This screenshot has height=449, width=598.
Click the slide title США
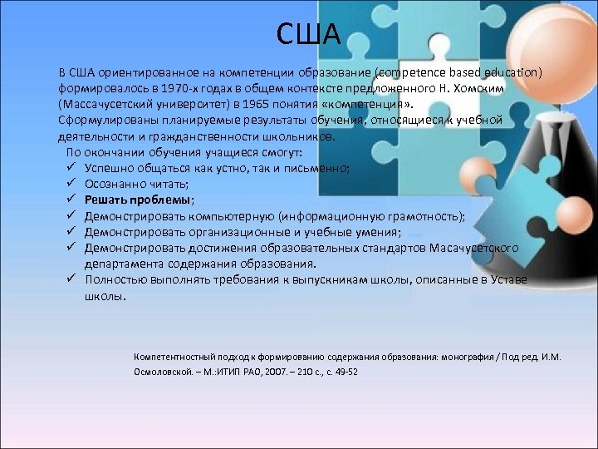(307, 34)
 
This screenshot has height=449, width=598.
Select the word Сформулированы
(103, 121)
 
